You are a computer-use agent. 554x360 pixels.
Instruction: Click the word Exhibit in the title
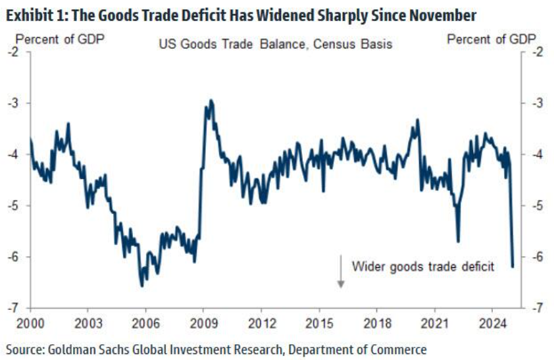(26, 13)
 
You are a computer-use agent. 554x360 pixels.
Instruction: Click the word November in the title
(441, 13)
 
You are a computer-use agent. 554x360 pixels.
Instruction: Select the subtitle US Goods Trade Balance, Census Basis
(275, 44)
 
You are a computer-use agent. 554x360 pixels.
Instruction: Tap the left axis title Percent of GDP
(59, 39)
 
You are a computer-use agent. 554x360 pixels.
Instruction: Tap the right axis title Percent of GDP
(491, 39)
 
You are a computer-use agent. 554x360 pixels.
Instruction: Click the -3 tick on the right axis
(536, 103)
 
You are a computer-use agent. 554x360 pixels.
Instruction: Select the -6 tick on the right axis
(536, 257)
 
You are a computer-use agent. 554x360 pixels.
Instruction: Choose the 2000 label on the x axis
(31, 324)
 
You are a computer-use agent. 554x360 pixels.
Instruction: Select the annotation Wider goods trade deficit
(422, 267)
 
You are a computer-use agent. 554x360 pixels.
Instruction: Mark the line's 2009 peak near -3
(211, 101)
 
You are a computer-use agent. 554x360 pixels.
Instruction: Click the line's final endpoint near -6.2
(513, 266)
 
